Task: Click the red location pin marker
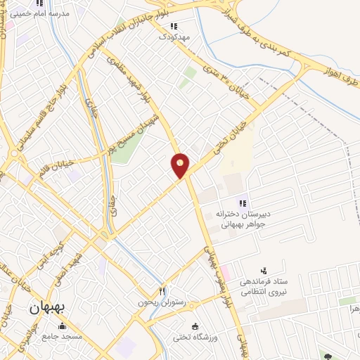click(181, 165)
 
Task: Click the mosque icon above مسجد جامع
click(63, 326)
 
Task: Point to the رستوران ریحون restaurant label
click(162, 302)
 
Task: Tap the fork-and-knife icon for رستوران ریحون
click(162, 290)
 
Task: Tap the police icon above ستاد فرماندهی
click(264, 271)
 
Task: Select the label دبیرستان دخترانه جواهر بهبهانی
click(243, 214)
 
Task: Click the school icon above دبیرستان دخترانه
click(243, 203)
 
